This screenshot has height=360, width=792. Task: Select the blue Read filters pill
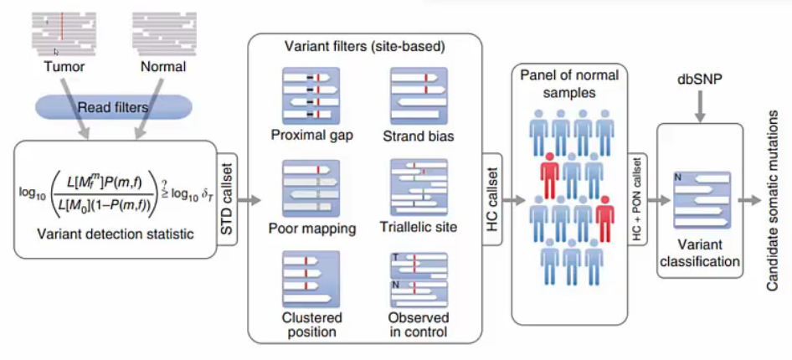pos(112,106)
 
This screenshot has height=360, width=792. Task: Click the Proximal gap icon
pos(311,98)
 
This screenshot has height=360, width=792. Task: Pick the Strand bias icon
pos(419,98)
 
